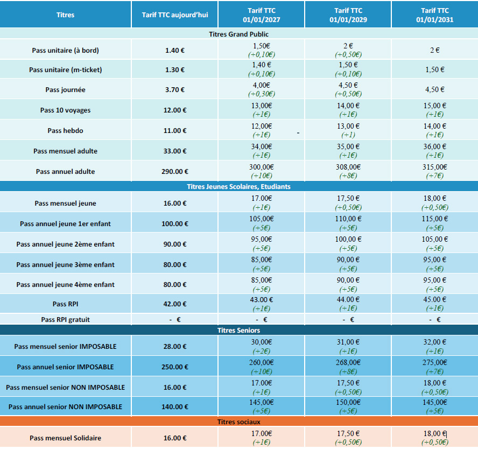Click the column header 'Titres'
(65, 15)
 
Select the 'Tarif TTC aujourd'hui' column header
(174, 15)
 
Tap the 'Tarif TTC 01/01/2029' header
(347, 15)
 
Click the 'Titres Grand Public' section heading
(238, 34)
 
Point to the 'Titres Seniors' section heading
(238, 330)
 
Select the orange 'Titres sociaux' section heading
(238, 422)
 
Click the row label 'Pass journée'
(65, 90)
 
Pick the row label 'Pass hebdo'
(65, 130)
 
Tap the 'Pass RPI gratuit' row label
(65, 319)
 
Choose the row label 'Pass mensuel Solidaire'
(65, 438)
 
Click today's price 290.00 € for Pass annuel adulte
(174, 172)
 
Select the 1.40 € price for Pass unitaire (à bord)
(174, 51)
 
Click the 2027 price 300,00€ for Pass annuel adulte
(261, 167)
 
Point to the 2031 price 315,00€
(434, 167)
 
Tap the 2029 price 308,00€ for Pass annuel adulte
(347, 167)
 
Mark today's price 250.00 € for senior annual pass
(174, 367)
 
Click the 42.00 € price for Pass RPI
(174, 304)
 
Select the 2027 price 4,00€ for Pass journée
(261, 85)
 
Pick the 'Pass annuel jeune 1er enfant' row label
(65, 223)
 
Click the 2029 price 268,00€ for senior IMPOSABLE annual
(347, 362)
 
